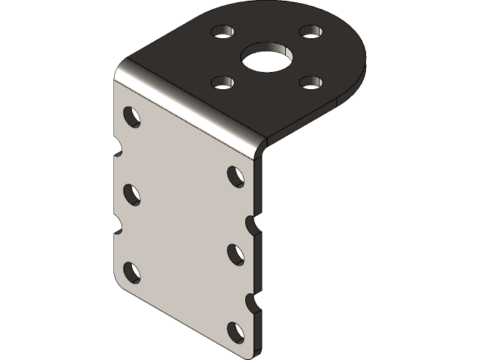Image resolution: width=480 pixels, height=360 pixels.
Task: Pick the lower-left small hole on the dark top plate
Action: pos(220,82)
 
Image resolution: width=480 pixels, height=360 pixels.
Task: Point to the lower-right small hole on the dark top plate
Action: pos(310,81)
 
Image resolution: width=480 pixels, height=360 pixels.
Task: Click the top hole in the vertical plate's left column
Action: pos(132,116)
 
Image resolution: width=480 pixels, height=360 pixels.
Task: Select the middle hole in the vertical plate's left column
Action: pos(132,193)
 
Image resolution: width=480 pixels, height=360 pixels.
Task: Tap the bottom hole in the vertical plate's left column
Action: pos(132,271)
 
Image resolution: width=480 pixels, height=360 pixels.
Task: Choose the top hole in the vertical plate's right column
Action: pos(235,176)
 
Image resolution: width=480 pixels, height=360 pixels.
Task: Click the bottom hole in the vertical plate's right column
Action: pos(235,331)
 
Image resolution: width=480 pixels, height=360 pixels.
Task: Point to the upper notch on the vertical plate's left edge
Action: pos(118,145)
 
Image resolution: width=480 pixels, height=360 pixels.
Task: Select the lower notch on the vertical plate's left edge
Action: pos(118,223)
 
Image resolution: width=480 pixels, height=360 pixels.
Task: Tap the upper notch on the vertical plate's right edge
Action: pos(253,223)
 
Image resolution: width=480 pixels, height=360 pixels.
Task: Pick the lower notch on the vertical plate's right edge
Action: pos(253,301)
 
